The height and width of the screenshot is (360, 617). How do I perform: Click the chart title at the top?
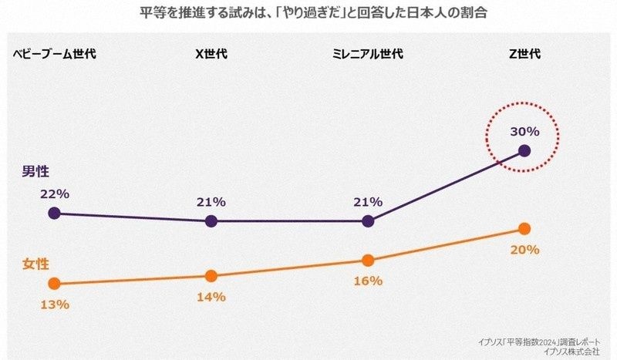308,13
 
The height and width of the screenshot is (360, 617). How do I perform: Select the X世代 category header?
211,54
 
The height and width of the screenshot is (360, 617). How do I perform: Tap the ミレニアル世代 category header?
367,54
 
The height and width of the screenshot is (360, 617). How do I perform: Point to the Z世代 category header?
524,54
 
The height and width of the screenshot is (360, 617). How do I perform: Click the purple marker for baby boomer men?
53,213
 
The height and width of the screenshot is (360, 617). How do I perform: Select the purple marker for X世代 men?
211,221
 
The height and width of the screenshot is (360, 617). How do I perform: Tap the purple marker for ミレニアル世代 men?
367,221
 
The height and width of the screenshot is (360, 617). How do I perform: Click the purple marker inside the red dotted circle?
524,150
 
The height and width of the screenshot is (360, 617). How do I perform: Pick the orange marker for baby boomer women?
53,284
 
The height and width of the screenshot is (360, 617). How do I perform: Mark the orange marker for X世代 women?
211,275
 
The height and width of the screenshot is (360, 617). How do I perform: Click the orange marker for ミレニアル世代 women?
367,260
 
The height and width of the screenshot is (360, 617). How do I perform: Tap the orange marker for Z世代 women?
524,228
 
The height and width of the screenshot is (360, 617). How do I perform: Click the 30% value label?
524,131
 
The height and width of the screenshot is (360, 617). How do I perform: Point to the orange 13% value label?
56,304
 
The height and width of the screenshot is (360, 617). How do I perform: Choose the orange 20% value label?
524,250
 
